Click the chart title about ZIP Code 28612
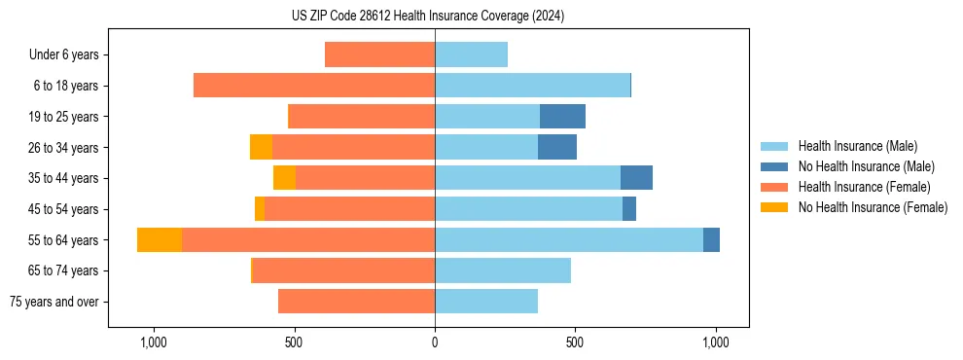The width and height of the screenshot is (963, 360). tap(428, 16)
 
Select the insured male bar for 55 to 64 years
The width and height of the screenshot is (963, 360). tap(569, 239)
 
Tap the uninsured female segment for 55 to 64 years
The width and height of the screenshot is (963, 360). tap(160, 239)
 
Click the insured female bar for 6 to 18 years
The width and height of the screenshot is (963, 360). tap(314, 86)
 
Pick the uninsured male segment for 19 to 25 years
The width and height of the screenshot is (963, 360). tap(562, 117)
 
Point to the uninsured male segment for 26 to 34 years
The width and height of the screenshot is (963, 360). tap(557, 147)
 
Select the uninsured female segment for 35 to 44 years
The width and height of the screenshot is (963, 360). tap(284, 178)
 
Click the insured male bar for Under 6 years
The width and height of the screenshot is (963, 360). tap(471, 54)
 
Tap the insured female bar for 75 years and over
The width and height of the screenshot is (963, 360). tap(356, 302)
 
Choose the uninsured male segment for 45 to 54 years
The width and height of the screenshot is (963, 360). tap(629, 209)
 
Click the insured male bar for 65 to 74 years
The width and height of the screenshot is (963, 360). tap(503, 270)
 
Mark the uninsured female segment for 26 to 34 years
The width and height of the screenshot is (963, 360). tap(261, 147)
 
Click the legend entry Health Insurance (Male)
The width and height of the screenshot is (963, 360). tap(857, 146)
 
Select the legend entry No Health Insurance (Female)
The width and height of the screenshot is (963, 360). tap(873, 207)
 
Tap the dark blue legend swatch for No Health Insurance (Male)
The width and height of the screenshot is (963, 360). tap(774, 166)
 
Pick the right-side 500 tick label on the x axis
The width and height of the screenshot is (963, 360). tap(575, 343)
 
